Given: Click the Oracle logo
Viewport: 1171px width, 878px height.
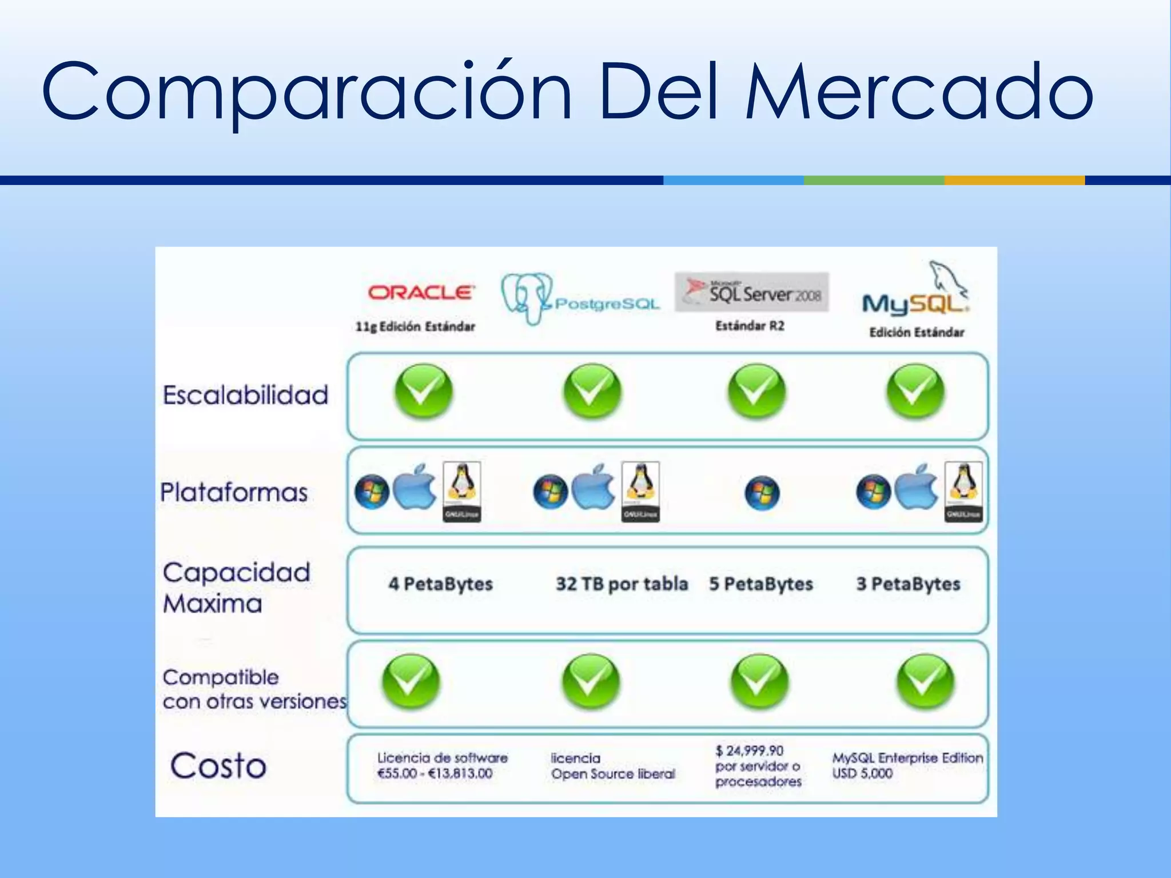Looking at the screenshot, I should pyautogui.click(x=421, y=293).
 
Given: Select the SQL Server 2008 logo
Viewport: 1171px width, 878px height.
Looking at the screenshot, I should pyautogui.click(x=751, y=292).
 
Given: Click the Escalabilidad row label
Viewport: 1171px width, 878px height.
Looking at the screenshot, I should pyautogui.click(x=245, y=395).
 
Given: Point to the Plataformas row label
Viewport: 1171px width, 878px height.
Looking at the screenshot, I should pyautogui.click(x=234, y=492).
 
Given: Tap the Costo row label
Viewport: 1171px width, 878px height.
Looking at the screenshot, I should pyautogui.click(x=218, y=765).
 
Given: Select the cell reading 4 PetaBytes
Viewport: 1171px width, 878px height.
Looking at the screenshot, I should pyautogui.click(x=440, y=584).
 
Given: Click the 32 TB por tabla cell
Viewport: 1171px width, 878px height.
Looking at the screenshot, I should pyautogui.click(x=622, y=584).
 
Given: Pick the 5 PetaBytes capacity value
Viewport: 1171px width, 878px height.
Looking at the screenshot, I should pyautogui.click(x=761, y=584).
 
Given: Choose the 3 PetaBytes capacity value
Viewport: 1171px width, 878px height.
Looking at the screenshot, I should pyautogui.click(x=908, y=584).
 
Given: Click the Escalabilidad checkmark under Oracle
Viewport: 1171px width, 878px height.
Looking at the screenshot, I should pyautogui.click(x=423, y=392).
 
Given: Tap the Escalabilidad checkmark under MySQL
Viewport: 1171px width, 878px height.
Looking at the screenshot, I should pyautogui.click(x=915, y=392).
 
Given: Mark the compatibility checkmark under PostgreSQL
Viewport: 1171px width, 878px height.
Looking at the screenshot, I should pyautogui.click(x=591, y=682).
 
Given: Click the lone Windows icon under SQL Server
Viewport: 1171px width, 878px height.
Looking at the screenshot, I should pyautogui.click(x=762, y=493).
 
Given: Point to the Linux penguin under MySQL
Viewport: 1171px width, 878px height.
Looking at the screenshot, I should pyautogui.click(x=963, y=490).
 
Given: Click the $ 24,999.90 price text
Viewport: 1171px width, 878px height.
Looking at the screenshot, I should pyautogui.click(x=749, y=751).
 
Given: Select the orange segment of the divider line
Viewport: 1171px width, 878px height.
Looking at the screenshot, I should pyautogui.click(x=1014, y=180).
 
